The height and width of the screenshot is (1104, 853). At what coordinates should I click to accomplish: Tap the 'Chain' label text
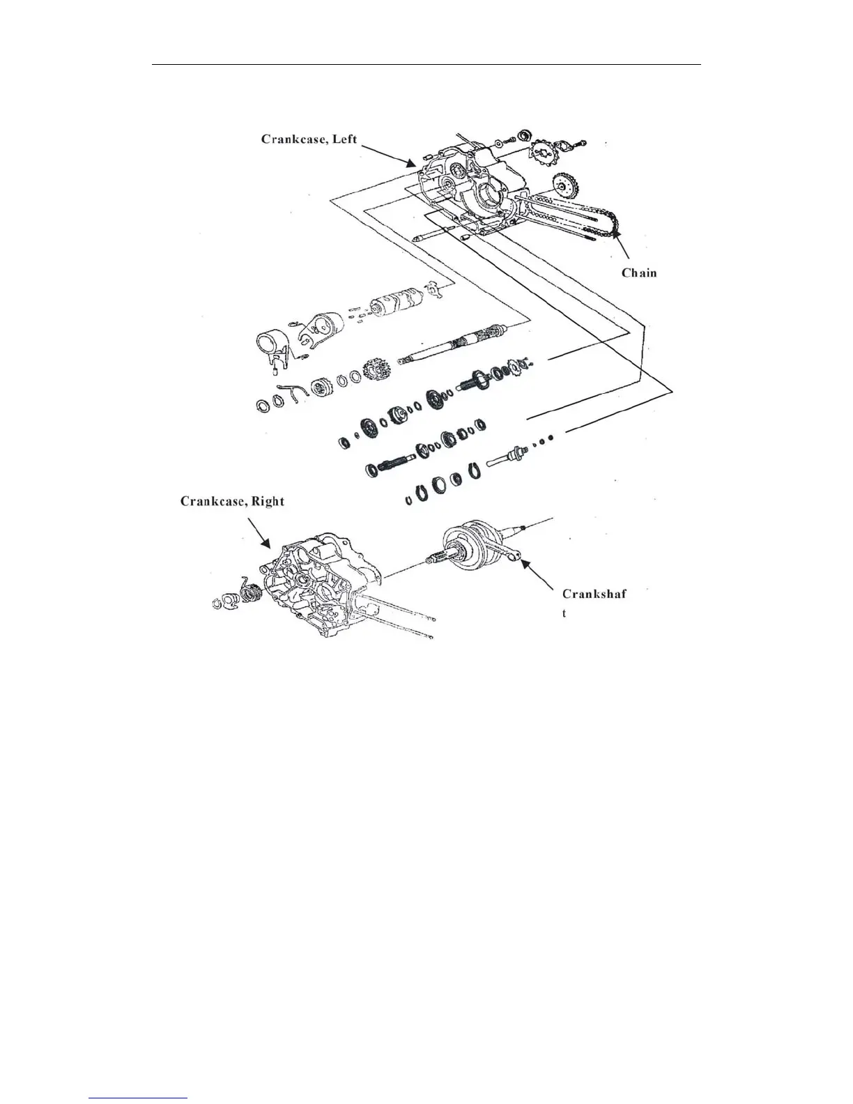click(639, 273)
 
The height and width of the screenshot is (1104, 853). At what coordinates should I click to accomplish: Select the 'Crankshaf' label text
click(594, 594)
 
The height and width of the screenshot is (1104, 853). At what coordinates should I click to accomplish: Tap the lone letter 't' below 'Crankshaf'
click(564, 614)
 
